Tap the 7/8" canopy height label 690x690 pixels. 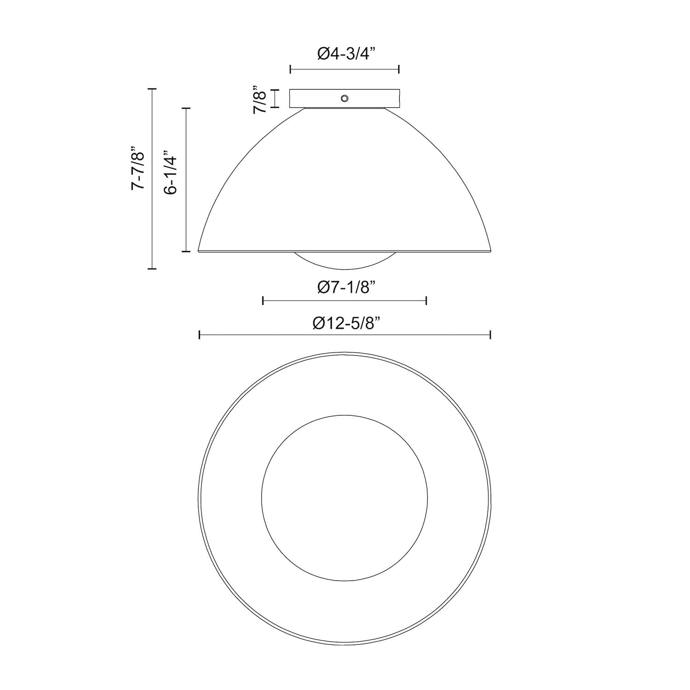[260, 98]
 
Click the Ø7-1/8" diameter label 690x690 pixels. [345, 287]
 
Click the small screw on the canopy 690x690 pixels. [344, 98]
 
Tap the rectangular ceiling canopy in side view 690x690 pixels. [317, 98]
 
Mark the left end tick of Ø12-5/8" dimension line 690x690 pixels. [199, 335]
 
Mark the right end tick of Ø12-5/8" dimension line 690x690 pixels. [491, 335]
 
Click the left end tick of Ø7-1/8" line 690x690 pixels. [263, 301]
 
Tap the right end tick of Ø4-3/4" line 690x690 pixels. [399, 69]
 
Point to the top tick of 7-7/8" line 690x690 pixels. [152, 88]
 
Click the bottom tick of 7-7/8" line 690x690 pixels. [152, 268]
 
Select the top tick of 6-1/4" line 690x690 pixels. [186, 108]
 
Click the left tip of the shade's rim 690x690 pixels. [199, 250]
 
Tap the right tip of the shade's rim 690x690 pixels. [491, 250]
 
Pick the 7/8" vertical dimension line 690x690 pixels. [275, 98]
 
